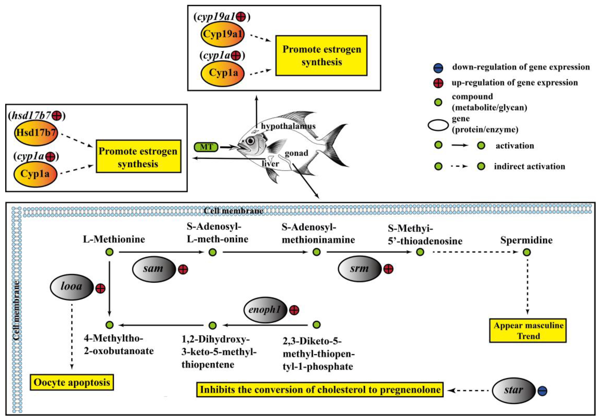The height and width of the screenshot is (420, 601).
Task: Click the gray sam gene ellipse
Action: [x=154, y=269]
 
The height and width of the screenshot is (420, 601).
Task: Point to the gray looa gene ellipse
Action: [x=71, y=286]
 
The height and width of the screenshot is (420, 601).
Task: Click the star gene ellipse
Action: [x=513, y=390]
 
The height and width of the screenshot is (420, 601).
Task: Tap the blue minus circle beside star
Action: [x=542, y=391]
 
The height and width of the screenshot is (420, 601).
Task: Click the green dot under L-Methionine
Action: [x=109, y=252]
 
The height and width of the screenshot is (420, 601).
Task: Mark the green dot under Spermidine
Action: [x=527, y=252]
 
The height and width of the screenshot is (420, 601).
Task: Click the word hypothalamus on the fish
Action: [x=288, y=126]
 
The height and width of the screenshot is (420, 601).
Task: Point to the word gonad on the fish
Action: [x=296, y=153]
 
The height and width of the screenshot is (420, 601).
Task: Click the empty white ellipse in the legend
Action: [x=438, y=125]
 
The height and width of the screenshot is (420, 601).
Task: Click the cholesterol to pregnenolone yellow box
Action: [x=320, y=390]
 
